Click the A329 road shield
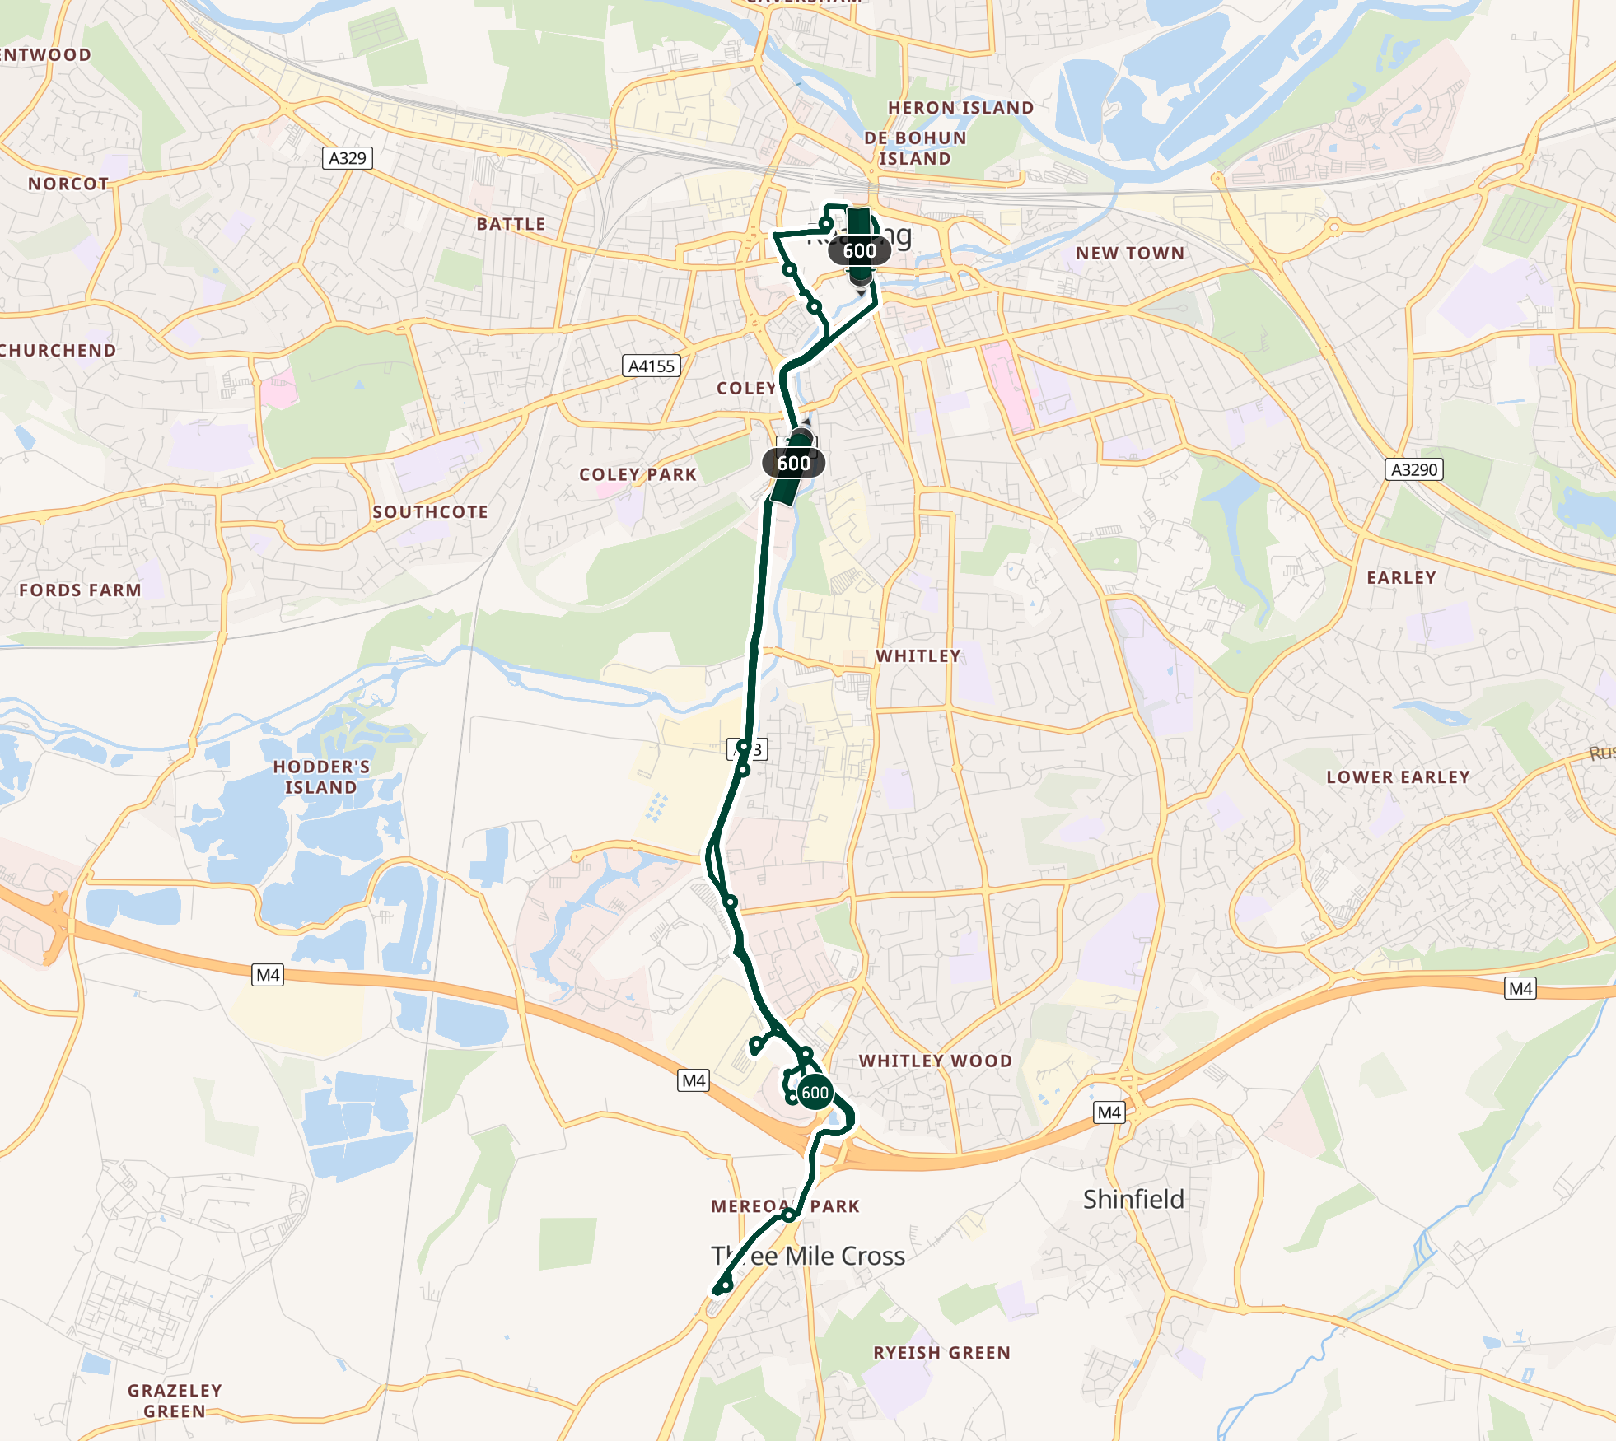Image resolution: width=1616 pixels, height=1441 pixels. tap(347, 158)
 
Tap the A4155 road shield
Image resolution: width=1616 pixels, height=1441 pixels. tap(651, 366)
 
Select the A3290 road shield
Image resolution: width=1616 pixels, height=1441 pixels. tap(1413, 469)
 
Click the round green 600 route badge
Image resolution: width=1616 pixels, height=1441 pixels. tap(815, 1093)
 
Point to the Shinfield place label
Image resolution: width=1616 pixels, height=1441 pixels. tap(1133, 1199)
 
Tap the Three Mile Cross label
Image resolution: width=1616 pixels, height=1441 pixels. tap(808, 1256)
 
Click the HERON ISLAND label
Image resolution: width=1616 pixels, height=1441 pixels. tap(960, 108)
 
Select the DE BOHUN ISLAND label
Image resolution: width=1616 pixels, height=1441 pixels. tap(915, 148)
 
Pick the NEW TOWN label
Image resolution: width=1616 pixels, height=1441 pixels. tap(1130, 254)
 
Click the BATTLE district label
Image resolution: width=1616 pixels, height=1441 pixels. tap(511, 224)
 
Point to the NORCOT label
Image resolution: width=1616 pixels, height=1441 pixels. tap(68, 184)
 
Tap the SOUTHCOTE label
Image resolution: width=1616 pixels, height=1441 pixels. tap(430, 512)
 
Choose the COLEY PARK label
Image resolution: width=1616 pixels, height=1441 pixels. tap(638, 474)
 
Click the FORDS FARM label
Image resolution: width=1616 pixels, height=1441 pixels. tap(80, 590)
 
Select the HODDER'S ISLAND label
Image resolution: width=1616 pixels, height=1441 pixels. tap(321, 776)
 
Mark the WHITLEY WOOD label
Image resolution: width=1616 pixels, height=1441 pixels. tap(936, 1061)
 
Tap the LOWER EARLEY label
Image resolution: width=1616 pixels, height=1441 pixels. tap(1398, 777)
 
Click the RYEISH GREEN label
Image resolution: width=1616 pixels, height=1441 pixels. tap(941, 1353)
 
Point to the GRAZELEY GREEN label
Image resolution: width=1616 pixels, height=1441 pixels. tap(175, 1401)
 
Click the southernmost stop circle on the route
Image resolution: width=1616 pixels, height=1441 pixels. tap(726, 1285)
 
